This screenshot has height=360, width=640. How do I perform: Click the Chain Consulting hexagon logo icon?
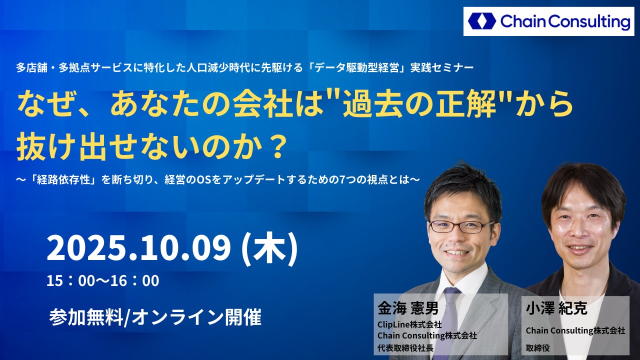click(482, 21)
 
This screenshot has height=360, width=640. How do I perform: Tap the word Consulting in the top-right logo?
click(589, 22)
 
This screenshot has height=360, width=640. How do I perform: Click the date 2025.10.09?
click(139, 247)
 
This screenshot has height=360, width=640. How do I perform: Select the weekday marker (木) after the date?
click(269, 248)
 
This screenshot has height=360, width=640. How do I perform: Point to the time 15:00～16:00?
click(103, 280)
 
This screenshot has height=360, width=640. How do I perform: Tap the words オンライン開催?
click(197, 317)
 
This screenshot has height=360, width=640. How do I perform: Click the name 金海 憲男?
click(407, 308)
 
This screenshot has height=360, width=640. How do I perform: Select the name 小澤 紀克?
click(556, 308)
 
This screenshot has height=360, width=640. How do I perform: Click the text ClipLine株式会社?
click(409, 324)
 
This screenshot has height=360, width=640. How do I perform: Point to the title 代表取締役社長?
click(405, 347)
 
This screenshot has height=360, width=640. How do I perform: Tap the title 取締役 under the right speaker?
click(537, 347)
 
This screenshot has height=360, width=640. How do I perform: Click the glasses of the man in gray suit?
click(461, 226)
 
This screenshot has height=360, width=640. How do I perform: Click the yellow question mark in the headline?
click(277, 147)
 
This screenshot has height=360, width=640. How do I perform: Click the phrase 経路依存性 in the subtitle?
click(63, 179)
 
